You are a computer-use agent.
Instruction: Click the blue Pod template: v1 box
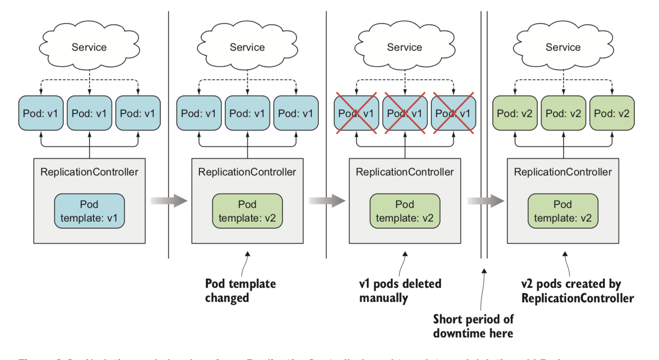click(89, 211)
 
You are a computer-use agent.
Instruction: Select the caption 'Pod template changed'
click(240, 291)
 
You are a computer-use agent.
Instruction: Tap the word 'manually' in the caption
click(384, 298)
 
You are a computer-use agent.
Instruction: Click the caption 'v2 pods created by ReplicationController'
click(577, 291)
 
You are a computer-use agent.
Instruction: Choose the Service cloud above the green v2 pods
click(563, 47)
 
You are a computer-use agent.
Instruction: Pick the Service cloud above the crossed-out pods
click(405, 47)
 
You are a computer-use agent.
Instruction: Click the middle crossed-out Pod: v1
click(405, 113)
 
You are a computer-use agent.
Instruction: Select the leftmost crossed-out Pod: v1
click(356, 113)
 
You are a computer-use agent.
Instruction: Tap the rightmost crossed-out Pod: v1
click(453, 113)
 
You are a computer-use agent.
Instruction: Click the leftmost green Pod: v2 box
click(514, 113)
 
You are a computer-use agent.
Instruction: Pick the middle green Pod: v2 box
click(563, 113)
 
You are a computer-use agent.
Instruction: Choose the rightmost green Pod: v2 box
click(612, 113)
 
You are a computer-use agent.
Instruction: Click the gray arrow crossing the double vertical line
click(485, 201)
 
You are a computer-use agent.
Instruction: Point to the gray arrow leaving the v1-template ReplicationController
click(169, 201)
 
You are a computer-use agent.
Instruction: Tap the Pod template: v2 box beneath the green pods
click(563, 211)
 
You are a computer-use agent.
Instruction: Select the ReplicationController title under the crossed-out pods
click(405, 172)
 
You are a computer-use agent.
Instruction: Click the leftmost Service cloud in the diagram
click(89, 47)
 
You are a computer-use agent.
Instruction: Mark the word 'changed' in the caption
click(227, 298)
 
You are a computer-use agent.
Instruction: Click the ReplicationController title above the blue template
click(89, 172)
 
